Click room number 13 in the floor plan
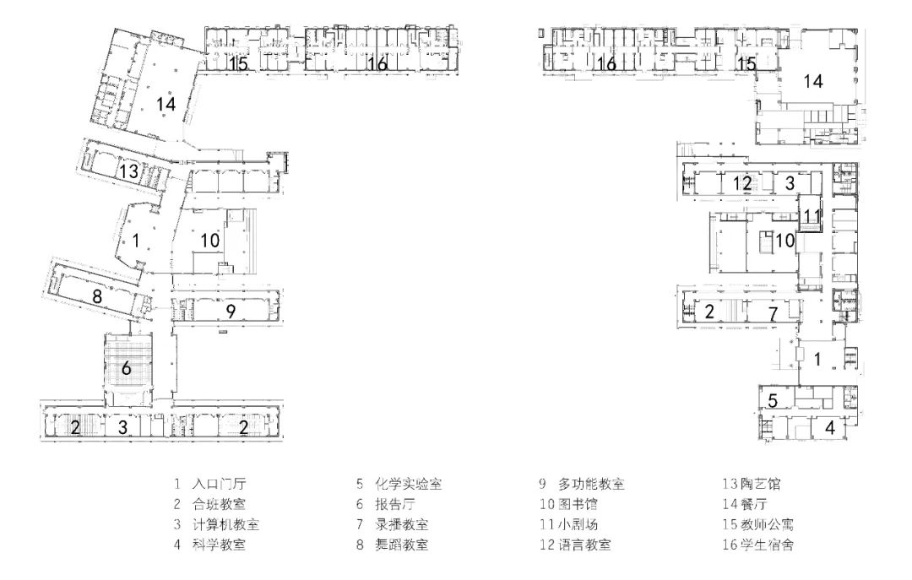129,171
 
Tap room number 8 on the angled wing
97,296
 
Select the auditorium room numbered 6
126,367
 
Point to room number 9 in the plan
231,312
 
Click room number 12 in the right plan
742,183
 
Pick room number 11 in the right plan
812,216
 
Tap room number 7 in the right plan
773,314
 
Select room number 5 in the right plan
773,400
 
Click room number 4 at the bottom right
830,427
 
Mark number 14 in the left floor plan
166,104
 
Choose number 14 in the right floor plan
813,81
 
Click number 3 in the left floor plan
122,427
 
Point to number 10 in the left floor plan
210,240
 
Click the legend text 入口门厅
219,484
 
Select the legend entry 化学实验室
409,484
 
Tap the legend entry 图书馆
578,504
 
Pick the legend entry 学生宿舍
767,545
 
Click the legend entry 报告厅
395,504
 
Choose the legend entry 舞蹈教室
401,545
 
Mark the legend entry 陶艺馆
761,484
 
